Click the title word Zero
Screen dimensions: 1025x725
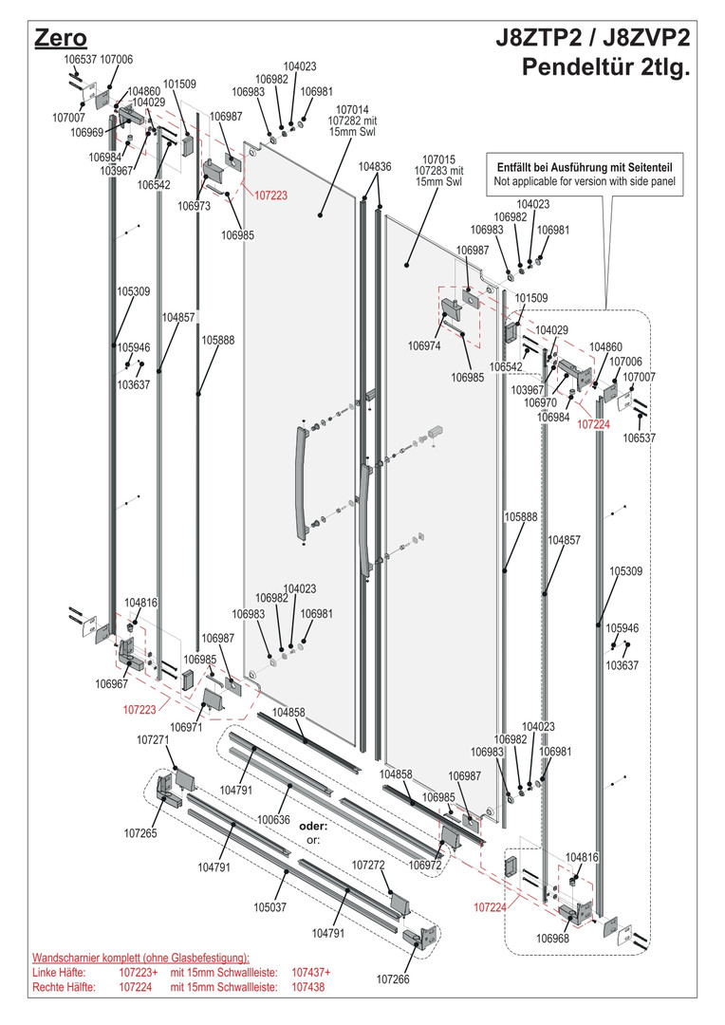point(60,38)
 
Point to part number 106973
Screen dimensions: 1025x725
point(194,206)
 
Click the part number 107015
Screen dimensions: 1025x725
point(439,159)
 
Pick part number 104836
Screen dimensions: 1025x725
point(376,166)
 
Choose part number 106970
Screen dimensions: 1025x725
point(553,402)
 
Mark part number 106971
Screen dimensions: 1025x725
point(187,728)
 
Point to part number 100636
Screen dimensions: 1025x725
point(273,819)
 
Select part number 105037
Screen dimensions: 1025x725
point(270,906)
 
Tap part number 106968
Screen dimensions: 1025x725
point(552,939)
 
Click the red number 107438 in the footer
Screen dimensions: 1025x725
point(307,988)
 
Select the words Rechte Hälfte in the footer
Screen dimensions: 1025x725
point(63,988)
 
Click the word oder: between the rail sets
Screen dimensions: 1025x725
point(313,826)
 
